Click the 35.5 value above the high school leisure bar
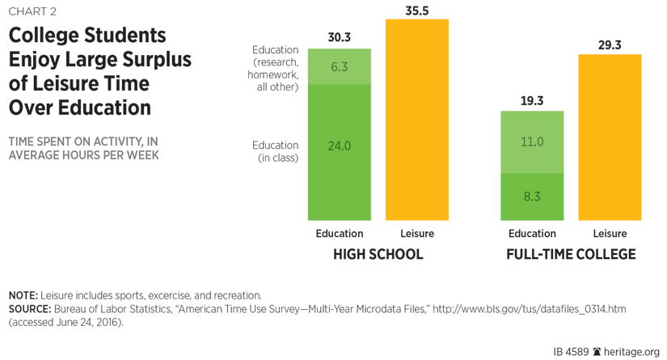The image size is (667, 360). click(x=417, y=11)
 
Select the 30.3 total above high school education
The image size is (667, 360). click(x=340, y=37)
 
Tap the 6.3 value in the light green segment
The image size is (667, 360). click(x=340, y=66)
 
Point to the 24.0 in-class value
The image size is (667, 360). click(x=340, y=146)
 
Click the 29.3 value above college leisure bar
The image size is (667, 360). click(x=610, y=45)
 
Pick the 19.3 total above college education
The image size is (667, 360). click(x=532, y=101)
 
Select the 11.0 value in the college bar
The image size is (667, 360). click(x=532, y=142)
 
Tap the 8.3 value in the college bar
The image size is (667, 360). click(x=532, y=197)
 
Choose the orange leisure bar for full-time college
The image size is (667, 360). click(x=610, y=138)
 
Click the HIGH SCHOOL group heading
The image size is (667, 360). click(x=378, y=254)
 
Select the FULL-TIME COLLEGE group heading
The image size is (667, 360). click(x=571, y=254)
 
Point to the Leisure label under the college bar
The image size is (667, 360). click(x=610, y=234)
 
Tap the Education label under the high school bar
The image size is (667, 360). click(x=340, y=234)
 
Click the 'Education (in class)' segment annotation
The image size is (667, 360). click(x=276, y=151)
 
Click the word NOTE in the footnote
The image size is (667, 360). click(x=22, y=295)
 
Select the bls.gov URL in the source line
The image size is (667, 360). click(x=530, y=309)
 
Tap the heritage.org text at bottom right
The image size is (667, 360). click(x=631, y=352)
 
